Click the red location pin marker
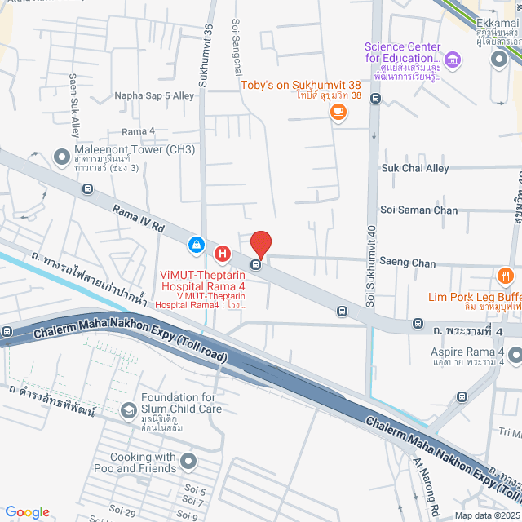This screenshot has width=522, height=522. pos(260,244)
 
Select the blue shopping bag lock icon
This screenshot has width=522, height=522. pos(197,244)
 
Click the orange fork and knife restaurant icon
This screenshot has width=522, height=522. pos(505,276)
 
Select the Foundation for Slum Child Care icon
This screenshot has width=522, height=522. pos(128,409)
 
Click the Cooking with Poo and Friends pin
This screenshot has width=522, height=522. pos(189,462)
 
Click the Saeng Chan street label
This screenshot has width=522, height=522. pos(408,263)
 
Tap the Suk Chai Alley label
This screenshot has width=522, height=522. pos(415,168)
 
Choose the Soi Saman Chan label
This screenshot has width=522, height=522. pos(419,210)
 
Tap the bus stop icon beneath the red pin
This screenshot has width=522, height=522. pos(257,264)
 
